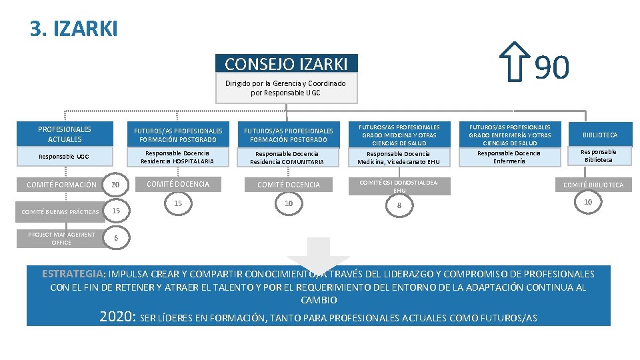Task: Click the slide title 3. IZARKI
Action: click(x=73, y=29)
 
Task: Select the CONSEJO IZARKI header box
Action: click(x=287, y=63)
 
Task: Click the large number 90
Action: click(x=552, y=67)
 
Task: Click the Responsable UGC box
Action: click(x=65, y=157)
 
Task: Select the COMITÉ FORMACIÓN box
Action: click(x=61, y=185)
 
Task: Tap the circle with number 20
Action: click(x=116, y=185)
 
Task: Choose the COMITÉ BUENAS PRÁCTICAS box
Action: click(x=60, y=212)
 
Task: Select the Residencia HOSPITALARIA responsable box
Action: click(x=177, y=157)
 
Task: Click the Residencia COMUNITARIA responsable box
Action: click(x=287, y=158)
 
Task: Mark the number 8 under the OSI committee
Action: click(x=399, y=206)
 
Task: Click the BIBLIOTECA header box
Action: click(x=599, y=135)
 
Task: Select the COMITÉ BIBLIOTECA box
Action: click(x=593, y=185)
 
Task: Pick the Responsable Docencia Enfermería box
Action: click(x=509, y=157)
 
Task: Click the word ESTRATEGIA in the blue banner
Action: click(x=73, y=274)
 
